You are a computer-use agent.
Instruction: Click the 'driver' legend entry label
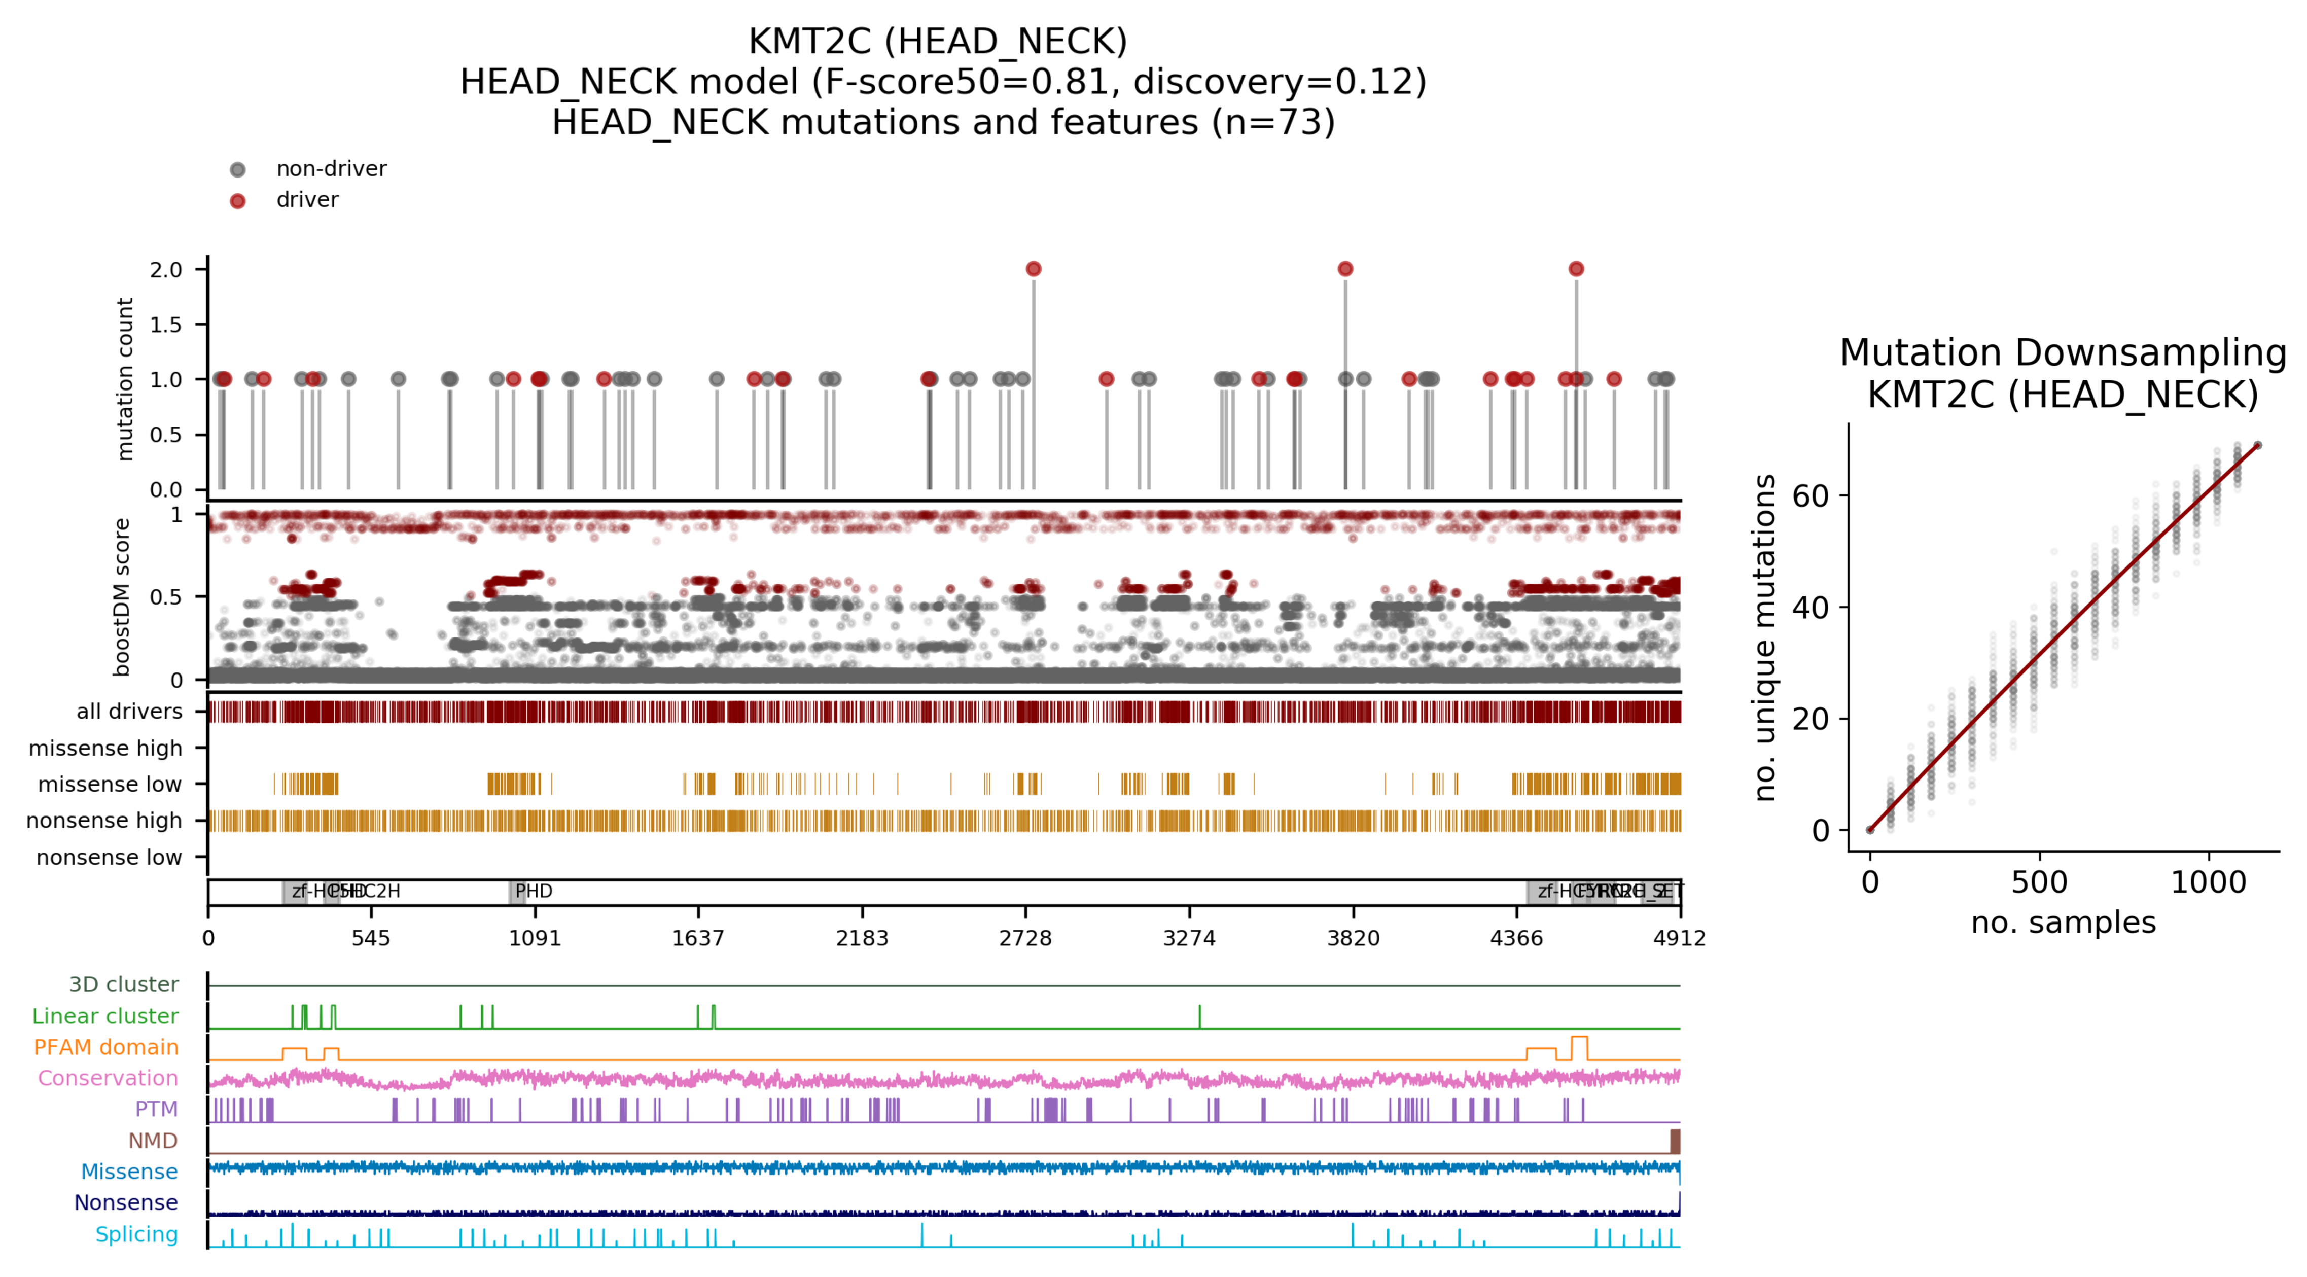click(x=307, y=200)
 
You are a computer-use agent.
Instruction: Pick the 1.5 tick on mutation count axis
click(x=166, y=324)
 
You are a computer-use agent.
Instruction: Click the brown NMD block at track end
click(x=1675, y=1141)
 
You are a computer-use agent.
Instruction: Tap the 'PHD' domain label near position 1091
click(x=534, y=891)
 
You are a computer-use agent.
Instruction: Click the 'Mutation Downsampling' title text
click(x=2063, y=353)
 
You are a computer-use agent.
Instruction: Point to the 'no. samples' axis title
click(x=2063, y=923)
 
